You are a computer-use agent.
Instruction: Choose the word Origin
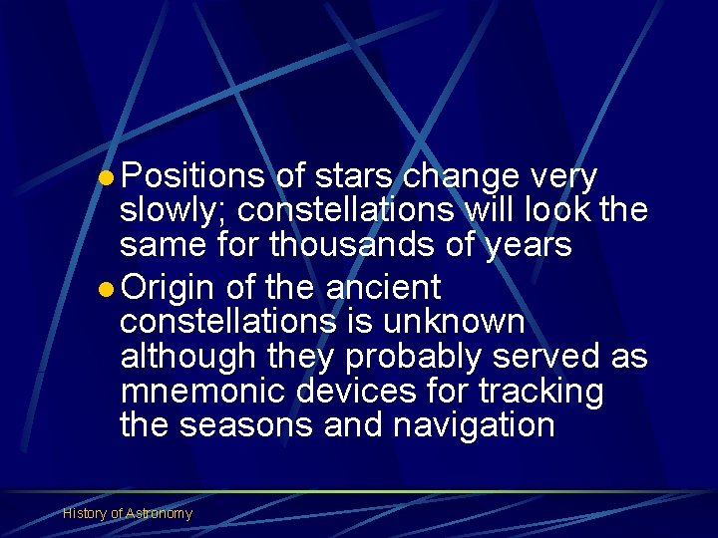coord(167,289)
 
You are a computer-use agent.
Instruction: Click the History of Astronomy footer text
coord(128,513)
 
